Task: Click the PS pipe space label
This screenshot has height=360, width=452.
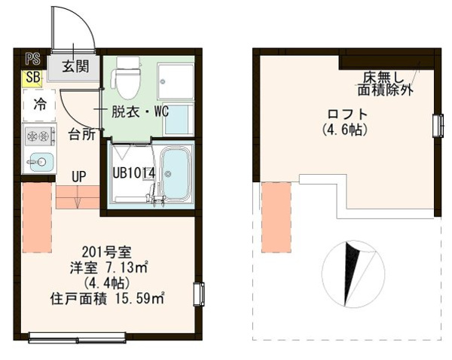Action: click(x=33, y=59)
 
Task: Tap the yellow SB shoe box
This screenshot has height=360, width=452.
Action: click(x=32, y=78)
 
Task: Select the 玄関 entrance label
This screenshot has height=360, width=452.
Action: click(x=75, y=66)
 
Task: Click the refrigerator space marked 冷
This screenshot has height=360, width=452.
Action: click(x=39, y=105)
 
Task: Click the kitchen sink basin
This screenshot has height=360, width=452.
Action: click(x=41, y=162)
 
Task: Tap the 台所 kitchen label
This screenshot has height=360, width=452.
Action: click(x=82, y=134)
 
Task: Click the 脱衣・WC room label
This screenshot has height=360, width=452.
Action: click(x=140, y=111)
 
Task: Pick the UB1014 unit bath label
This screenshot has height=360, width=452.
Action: click(x=134, y=173)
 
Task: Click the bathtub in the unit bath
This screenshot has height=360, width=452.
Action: click(x=176, y=173)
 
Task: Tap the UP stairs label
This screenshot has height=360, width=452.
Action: click(x=78, y=176)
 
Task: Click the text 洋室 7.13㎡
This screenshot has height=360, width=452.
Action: click(x=109, y=267)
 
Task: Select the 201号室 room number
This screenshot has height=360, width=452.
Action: click(x=107, y=252)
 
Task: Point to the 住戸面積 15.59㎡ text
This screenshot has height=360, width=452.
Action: click(x=107, y=298)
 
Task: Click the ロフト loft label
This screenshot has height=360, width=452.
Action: click(x=347, y=114)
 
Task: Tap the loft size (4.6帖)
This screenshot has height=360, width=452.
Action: click(x=345, y=130)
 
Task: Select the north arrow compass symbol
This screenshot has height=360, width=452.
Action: click(x=353, y=274)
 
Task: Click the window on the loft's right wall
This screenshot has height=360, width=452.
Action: click(x=438, y=126)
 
